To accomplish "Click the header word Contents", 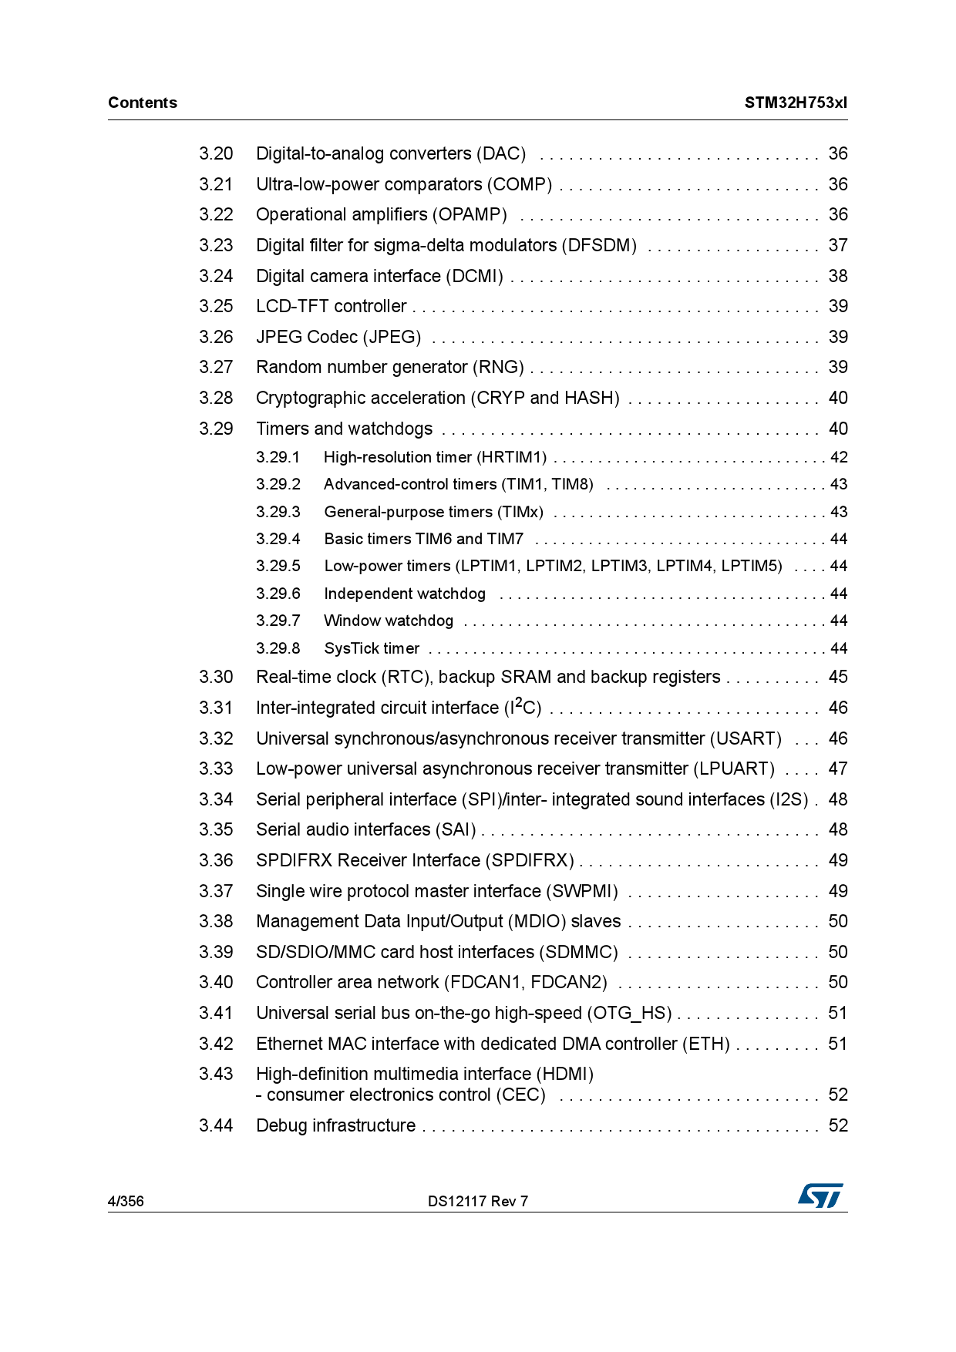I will point(143,103).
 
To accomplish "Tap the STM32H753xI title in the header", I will point(795,103).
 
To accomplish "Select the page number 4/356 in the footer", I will point(126,1201).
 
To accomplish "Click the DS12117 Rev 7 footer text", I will point(478,1201).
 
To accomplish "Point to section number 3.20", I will point(216,153).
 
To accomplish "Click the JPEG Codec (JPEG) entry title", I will point(338,337).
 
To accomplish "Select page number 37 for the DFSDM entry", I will point(838,245).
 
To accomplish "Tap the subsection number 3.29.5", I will point(278,566).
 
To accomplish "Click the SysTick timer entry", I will point(372,648).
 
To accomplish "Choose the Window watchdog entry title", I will point(389,621).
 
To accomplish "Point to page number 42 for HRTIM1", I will point(839,457).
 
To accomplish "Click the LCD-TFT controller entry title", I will point(331,306).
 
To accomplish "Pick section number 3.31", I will point(216,708).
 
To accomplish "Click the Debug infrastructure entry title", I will point(335,1125).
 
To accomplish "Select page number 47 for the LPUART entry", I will point(838,768).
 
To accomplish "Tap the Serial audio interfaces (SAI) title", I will point(366,829).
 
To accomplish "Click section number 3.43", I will point(216,1074).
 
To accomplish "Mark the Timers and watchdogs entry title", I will point(344,429).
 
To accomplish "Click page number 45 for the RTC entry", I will point(838,677).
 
